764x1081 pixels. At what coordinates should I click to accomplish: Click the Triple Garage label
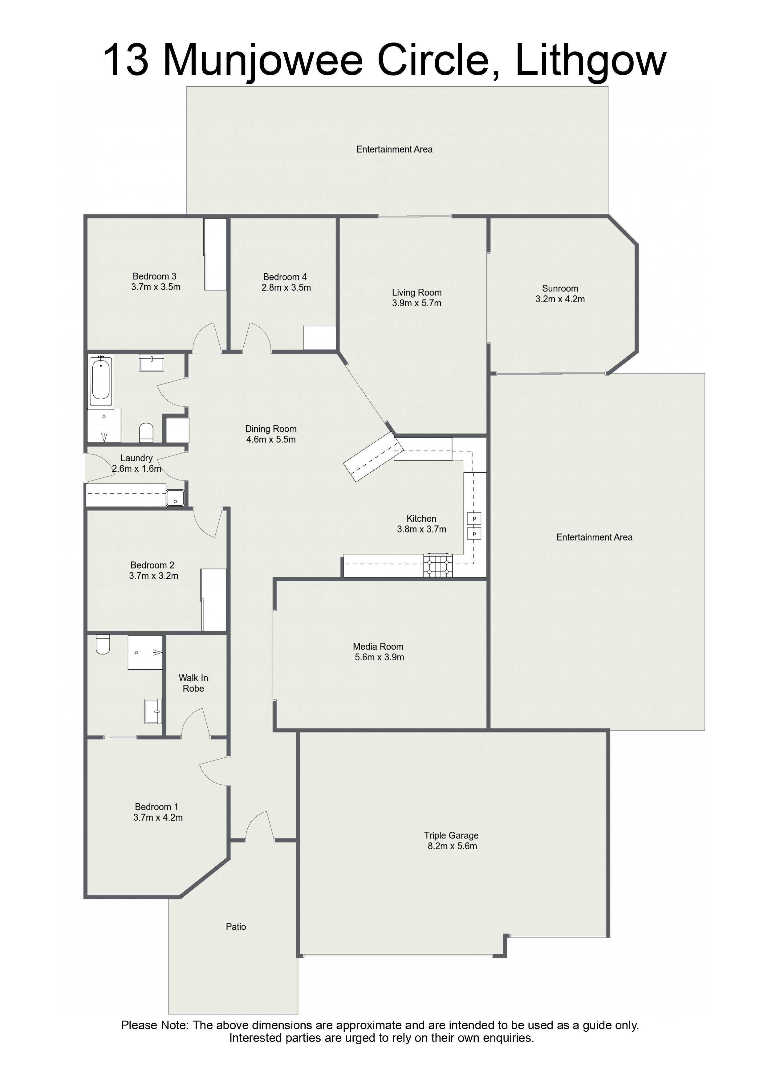pyautogui.click(x=451, y=835)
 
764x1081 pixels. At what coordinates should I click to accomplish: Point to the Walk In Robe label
pyautogui.click(x=193, y=683)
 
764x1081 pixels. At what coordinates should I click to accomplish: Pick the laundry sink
pyautogui.click(x=175, y=498)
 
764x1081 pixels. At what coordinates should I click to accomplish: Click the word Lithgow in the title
pyautogui.click(x=591, y=60)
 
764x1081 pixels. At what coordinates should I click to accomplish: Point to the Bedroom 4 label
pyautogui.click(x=285, y=277)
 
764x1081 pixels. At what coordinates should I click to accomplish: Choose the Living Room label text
pyautogui.click(x=417, y=292)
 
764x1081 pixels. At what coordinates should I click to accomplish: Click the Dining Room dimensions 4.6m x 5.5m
pyautogui.click(x=271, y=439)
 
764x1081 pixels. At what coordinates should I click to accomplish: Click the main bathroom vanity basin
pyautogui.click(x=152, y=362)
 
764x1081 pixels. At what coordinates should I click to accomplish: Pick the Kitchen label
pyautogui.click(x=421, y=518)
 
